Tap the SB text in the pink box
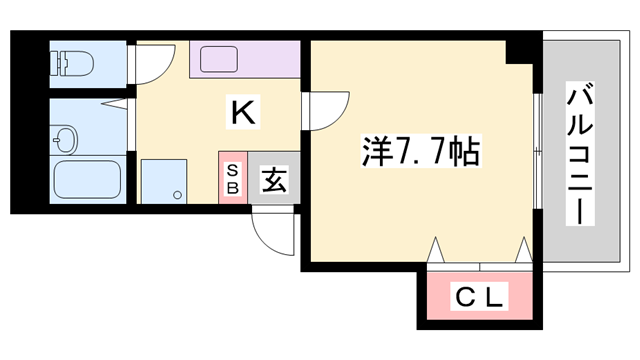pos(232,178)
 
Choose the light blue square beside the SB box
pos(163,181)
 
